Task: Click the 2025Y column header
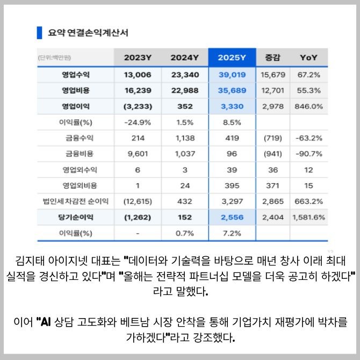tap(232, 57)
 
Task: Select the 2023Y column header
tap(138, 57)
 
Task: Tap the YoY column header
tap(308, 57)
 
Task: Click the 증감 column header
tap(272, 57)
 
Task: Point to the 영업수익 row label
tap(76, 74)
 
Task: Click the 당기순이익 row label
tap(76, 218)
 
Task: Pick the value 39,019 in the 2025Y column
tap(232, 74)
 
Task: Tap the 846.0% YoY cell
tap(308, 106)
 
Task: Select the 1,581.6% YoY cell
tap(308, 218)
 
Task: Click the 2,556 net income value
tap(232, 218)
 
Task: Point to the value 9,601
tap(138, 154)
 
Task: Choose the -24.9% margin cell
tap(138, 122)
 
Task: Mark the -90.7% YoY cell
tap(308, 154)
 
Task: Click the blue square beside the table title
tap(39, 32)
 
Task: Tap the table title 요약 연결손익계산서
tap(88, 32)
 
